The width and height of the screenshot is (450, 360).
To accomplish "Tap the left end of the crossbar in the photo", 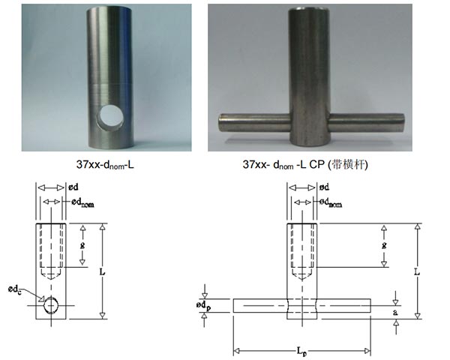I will click(x=220, y=119).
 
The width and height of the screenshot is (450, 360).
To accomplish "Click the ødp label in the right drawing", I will click(x=204, y=305).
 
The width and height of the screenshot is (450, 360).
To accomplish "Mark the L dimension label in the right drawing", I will click(x=415, y=266).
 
